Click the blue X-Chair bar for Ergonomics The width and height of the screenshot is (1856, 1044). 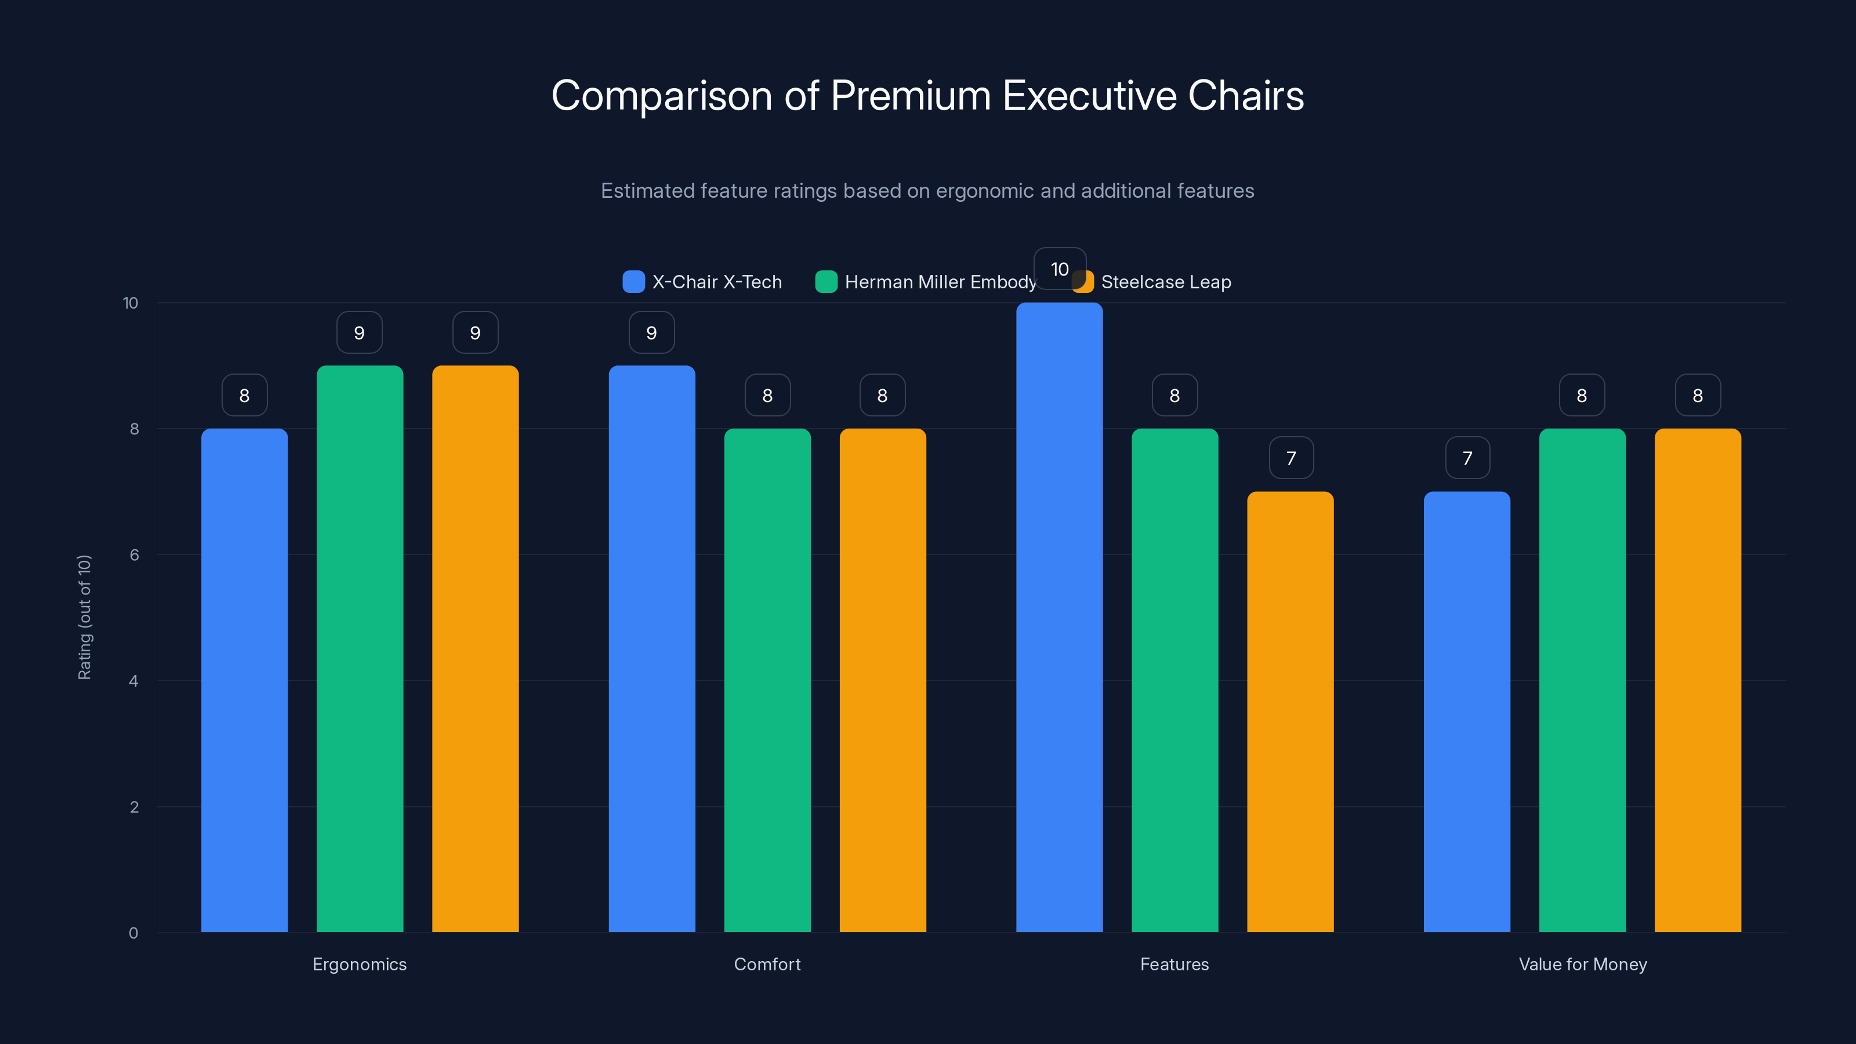(x=244, y=680)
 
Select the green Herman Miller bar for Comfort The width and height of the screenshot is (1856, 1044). (x=767, y=680)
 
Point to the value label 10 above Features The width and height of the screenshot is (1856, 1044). (x=1059, y=269)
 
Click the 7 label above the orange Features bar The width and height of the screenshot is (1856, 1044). (x=1290, y=458)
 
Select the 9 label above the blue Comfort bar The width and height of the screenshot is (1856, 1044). (x=651, y=332)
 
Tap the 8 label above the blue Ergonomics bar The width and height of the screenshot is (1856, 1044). (x=244, y=395)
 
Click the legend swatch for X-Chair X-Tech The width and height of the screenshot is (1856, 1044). (x=633, y=282)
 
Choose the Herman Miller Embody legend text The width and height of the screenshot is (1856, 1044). (x=940, y=282)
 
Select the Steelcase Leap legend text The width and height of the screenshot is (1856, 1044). (x=1166, y=282)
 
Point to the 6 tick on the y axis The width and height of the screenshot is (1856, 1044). (x=134, y=555)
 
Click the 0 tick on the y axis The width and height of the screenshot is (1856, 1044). (x=133, y=933)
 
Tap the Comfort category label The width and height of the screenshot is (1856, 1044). (x=767, y=964)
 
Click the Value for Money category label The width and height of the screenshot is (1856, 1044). (x=1582, y=964)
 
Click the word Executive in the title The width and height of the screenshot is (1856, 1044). (x=1089, y=95)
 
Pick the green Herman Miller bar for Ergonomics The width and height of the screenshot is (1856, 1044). (x=360, y=648)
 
